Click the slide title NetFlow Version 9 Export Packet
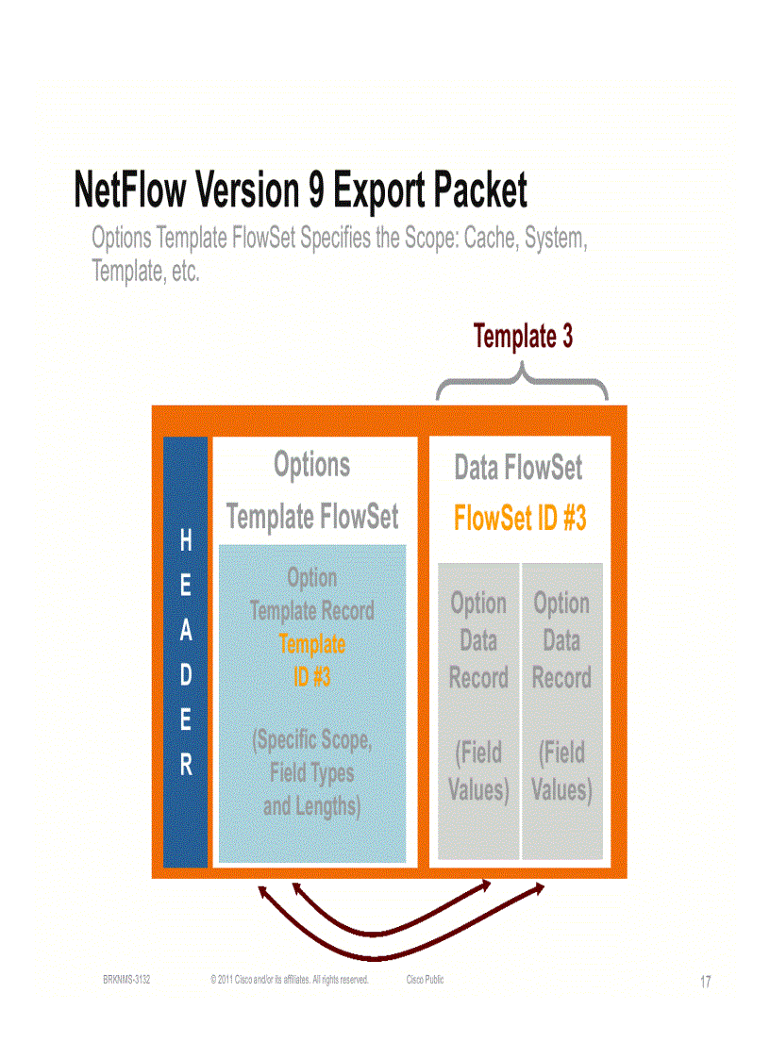[300, 191]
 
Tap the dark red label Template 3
[523, 337]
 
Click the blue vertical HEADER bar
[186, 651]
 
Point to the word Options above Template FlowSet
[311, 465]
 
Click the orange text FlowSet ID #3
[520, 519]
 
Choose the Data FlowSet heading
[518, 468]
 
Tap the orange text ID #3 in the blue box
[311, 676]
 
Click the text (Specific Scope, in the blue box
[311, 740]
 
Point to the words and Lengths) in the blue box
[311, 806]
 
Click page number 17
[705, 983]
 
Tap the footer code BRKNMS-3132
[126, 980]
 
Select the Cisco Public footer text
[425, 980]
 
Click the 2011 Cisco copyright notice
[289, 980]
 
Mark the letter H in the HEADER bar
[186, 540]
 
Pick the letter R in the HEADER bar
[186, 765]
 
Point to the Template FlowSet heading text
[311, 517]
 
